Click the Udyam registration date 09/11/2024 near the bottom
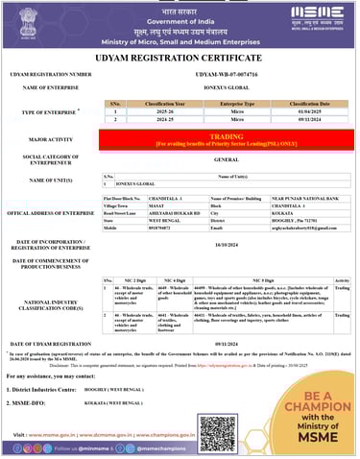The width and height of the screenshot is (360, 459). [x=227, y=343]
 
